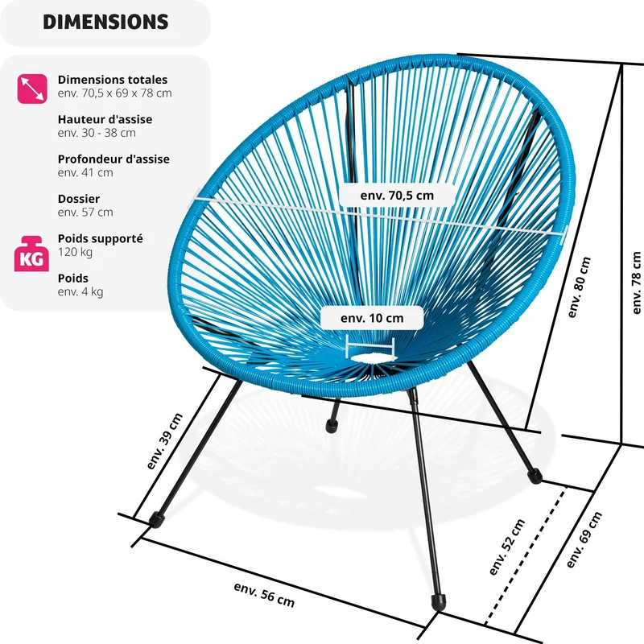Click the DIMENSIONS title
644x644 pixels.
coord(105,22)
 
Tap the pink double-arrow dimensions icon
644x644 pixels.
coord(32,89)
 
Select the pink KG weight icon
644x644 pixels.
coord(31,254)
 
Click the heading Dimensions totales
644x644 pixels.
coord(113,79)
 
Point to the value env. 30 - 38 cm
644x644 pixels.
coord(97,133)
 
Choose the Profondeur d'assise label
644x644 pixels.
coord(114,159)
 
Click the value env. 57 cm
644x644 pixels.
coord(85,212)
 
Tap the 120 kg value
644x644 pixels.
coord(75,252)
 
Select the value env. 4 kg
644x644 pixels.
coord(80,291)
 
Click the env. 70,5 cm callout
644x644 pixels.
coord(397,196)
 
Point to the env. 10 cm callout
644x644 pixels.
coord(372,318)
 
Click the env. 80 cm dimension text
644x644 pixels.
coord(579,287)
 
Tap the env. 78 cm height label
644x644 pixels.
coord(637,283)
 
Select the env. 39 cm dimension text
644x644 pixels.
coord(164,441)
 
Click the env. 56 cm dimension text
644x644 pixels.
coord(264,594)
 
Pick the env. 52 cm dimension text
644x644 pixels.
coord(507,547)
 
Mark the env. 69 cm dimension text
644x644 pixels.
coord(584,539)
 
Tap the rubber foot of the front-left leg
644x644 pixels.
coord(156,519)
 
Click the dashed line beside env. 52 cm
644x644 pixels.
coord(526,555)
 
